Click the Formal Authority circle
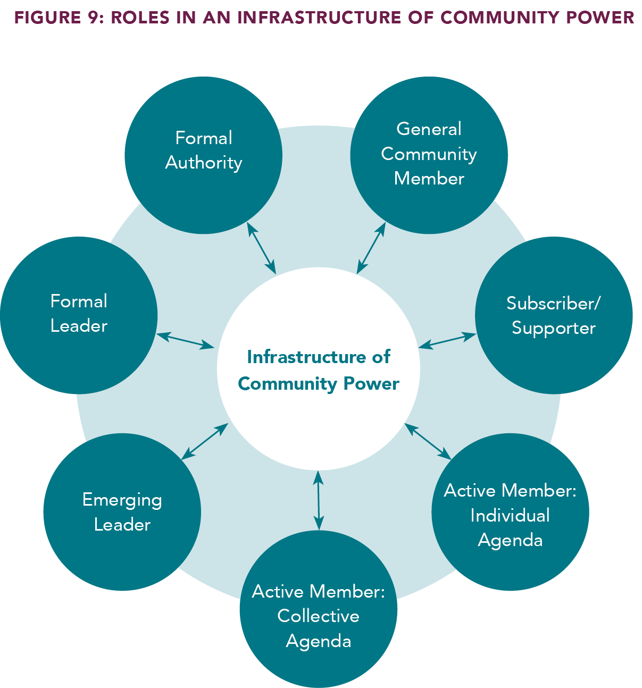(203, 155)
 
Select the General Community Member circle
(429, 155)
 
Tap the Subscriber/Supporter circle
(553, 315)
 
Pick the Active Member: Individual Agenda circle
(510, 512)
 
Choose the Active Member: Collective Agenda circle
(318, 609)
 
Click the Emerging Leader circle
(122, 512)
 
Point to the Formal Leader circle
(79, 315)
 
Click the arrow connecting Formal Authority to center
(262, 248)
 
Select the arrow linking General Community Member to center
(371, 248)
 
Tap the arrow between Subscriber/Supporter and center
(447, 341)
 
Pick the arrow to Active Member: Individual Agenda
(428, 441)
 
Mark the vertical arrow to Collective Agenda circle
(318, 500)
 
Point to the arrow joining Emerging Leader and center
(205, 441)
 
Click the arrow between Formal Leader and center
(185, 341)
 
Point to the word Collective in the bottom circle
(318, 616)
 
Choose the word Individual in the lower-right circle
(510, 515)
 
